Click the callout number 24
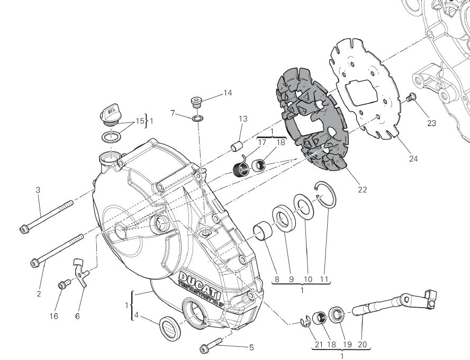click(x=413, y=158)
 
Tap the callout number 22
click(x=362, y=189)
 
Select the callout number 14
click(x=227, y=93)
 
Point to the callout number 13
click(x=242, y=119)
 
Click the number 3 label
click(x=38, y=190)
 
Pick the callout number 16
click(x=54, y=316)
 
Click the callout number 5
click(x=251, y=347)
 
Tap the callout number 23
click(x=431, y=123)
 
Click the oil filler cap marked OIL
click(x=110, y=114)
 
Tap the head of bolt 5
click(x=204, y=348)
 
